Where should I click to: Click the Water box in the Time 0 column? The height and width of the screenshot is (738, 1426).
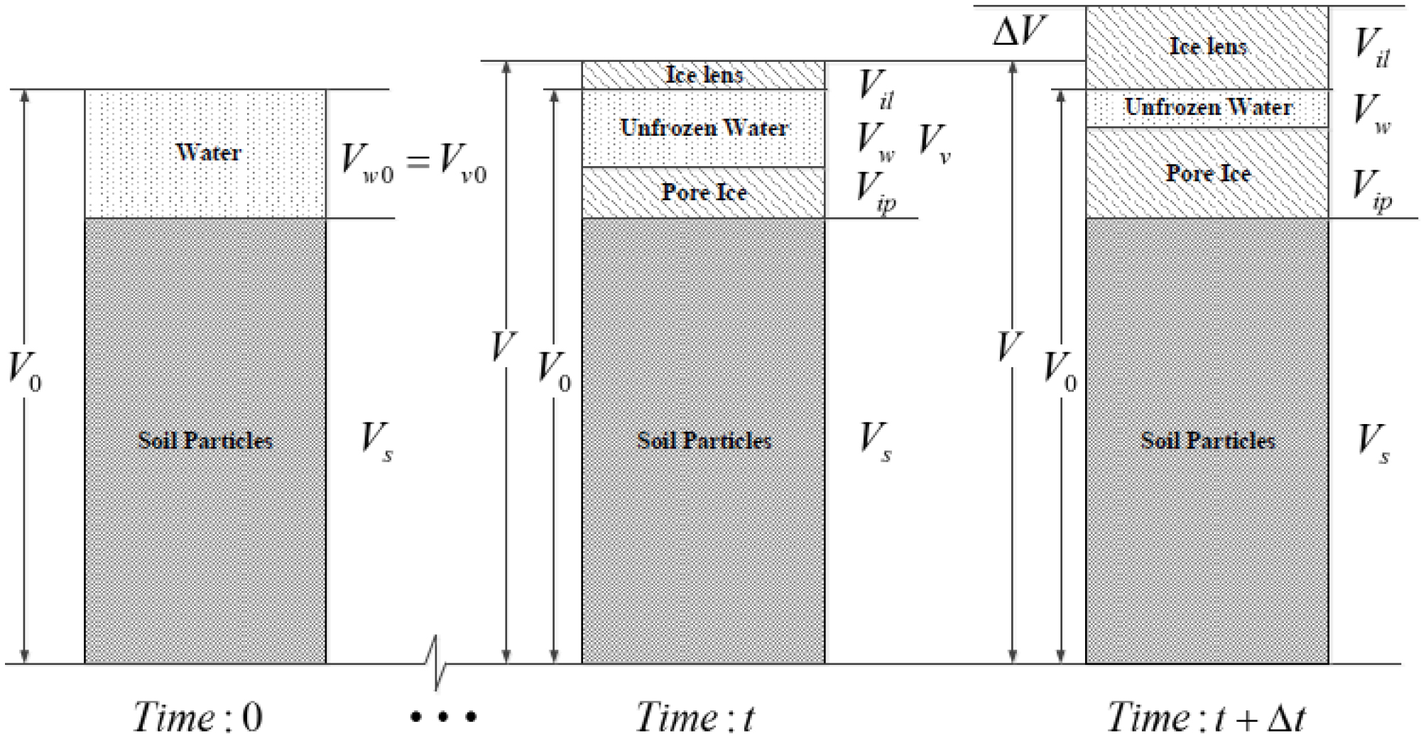[x=205, y=153]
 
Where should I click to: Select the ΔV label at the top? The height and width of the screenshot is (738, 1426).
[x=1019, y=32]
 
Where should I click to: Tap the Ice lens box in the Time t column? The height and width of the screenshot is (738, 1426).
[x=703, y=75]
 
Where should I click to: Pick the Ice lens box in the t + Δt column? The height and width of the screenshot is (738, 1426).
[x=1207, y=48]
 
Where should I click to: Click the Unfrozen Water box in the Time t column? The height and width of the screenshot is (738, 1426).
[x=703, y=129]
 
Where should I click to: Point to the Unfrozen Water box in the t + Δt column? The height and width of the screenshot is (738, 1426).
[x=1207, y=108]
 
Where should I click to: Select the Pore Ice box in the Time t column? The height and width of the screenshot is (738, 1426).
[x=703, y=192]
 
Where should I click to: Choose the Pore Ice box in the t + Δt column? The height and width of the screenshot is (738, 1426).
[x=1207, y=173]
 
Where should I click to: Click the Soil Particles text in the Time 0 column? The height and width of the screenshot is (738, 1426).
[x=205, y=440]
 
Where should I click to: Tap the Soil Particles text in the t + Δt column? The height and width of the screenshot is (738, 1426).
[x=1207, y=440]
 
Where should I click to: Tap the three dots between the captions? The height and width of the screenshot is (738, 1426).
[x=443, y=717]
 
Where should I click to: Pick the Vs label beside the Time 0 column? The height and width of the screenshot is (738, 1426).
[x=377, y=441]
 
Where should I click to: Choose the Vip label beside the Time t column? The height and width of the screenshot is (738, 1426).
[x=876, y=191]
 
